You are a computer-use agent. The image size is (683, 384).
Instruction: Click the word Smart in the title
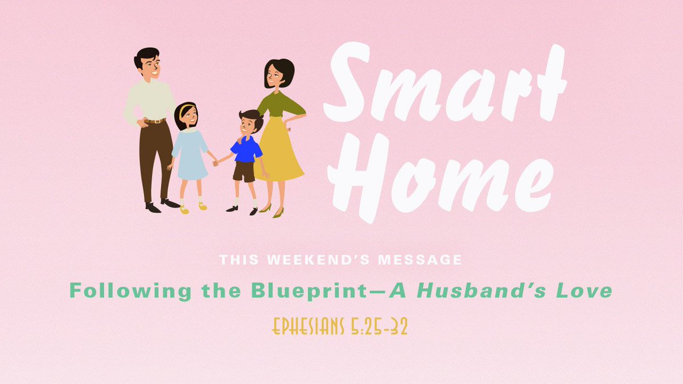[x=445, y=82]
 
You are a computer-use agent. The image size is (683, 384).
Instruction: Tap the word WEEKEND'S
[x=318, y=260]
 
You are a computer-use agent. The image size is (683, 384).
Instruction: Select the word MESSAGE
[x=420, y=260]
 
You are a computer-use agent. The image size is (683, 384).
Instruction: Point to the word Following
[x=130, y=291]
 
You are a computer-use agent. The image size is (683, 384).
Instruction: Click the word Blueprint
[x=310, y=291]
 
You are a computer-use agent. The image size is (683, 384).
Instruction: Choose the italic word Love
[x=584, y=291]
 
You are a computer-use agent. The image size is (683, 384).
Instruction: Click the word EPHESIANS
[x=308, y=327]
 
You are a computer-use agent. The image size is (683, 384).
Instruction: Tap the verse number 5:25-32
[x=379, y=327]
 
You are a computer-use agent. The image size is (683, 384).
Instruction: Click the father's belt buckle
[x=157, y=121]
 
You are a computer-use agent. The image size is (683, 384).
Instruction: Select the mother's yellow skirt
[x=278, y=149]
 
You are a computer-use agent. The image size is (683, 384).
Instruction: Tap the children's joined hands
[x=216, y=163]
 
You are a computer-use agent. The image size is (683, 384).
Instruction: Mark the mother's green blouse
[x=279, y=104]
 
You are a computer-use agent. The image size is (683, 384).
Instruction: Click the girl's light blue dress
[x=190, y=155]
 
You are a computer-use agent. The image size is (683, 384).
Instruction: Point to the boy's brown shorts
[x=244, y=172]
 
